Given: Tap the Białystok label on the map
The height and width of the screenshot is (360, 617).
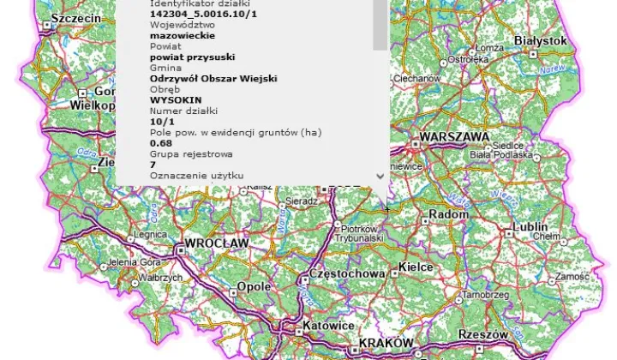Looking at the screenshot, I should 541,40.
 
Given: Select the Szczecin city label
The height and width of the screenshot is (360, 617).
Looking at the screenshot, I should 76,18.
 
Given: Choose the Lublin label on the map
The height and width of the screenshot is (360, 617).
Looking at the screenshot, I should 529,227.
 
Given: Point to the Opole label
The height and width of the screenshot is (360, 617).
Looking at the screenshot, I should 255,286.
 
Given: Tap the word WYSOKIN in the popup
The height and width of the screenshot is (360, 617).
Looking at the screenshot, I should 175,99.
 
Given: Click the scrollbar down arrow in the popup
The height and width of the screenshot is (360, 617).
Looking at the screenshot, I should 380,175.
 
